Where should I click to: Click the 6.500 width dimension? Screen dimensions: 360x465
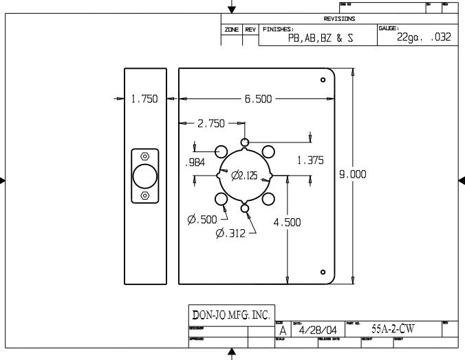pyautogui.click(x=258, y=98)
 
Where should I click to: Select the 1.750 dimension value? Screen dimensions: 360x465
pyautogui.click(x=144, y=98)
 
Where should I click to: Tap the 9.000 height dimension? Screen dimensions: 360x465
pyautogui.click(x=352, y=174)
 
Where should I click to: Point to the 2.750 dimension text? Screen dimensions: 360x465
pyautogui.click(x=211, y=124)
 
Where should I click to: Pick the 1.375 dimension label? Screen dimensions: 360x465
pyautogui.click(x=310, y=160)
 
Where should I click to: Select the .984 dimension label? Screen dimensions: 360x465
pyautogui.click(x=196, y=163)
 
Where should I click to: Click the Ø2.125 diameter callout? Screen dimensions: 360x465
pyautogui.click(x=245, y=176)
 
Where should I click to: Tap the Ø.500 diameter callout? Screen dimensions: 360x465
pyautogui.click(x=202, y=220)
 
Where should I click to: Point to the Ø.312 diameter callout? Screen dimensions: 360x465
pyautogui.click(x=231, y=233)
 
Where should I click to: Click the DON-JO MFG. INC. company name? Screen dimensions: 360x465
pyautogui.click(x=231, y=315)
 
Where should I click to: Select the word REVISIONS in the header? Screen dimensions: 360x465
pyautogui.click(x=339, y=19)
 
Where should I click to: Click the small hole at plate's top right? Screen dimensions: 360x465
pyautogui.click(x=323, y=80)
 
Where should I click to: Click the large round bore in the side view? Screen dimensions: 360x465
pyautogui.click(x=144, y=176)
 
